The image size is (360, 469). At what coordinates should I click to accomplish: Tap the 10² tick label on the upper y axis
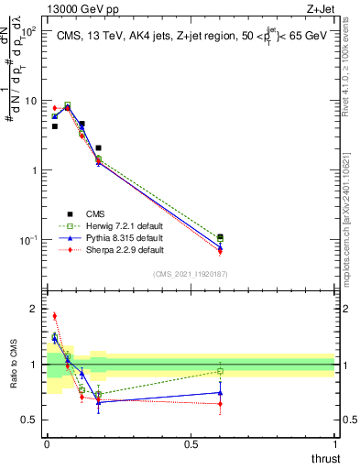[28, 32]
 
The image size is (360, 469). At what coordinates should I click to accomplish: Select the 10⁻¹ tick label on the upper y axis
[28, 240]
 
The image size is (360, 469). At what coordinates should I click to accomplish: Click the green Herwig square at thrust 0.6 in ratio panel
[220, 371]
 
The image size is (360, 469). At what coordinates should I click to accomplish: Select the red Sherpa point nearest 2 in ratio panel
[54, 316]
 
